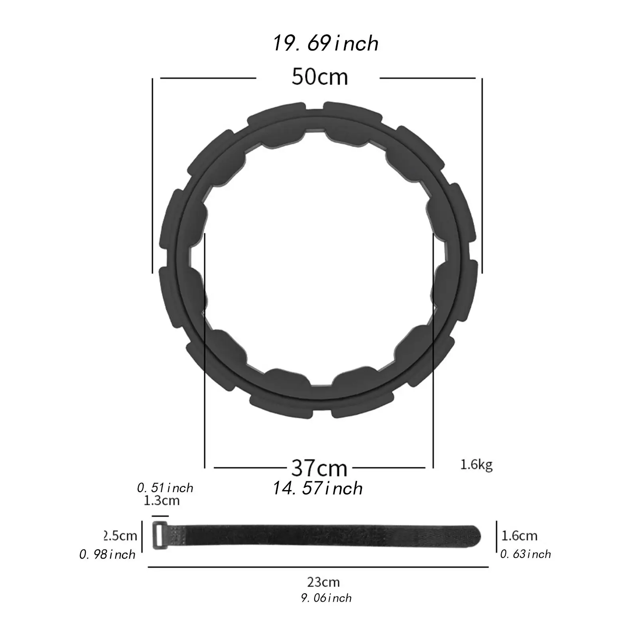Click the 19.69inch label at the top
click(x=325, y=43)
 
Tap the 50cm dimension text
click(x=319, y=77)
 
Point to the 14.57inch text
click(x=318, y=488)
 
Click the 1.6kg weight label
click(x=477, y=465)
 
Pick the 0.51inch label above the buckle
click(x=165, y=488)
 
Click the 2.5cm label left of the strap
click(x=121, y=536)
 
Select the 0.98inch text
click(x=108, y=555)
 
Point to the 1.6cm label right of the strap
click(x=519, y=536)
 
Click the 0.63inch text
click(x=526, y=554)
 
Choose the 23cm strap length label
click(x=323, y=582)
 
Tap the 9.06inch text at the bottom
click(x=326, y=598)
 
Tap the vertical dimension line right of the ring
click(x=482, y=175)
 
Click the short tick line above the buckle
click(x=161, y=516)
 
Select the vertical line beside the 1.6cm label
click(x=496, y=535)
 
